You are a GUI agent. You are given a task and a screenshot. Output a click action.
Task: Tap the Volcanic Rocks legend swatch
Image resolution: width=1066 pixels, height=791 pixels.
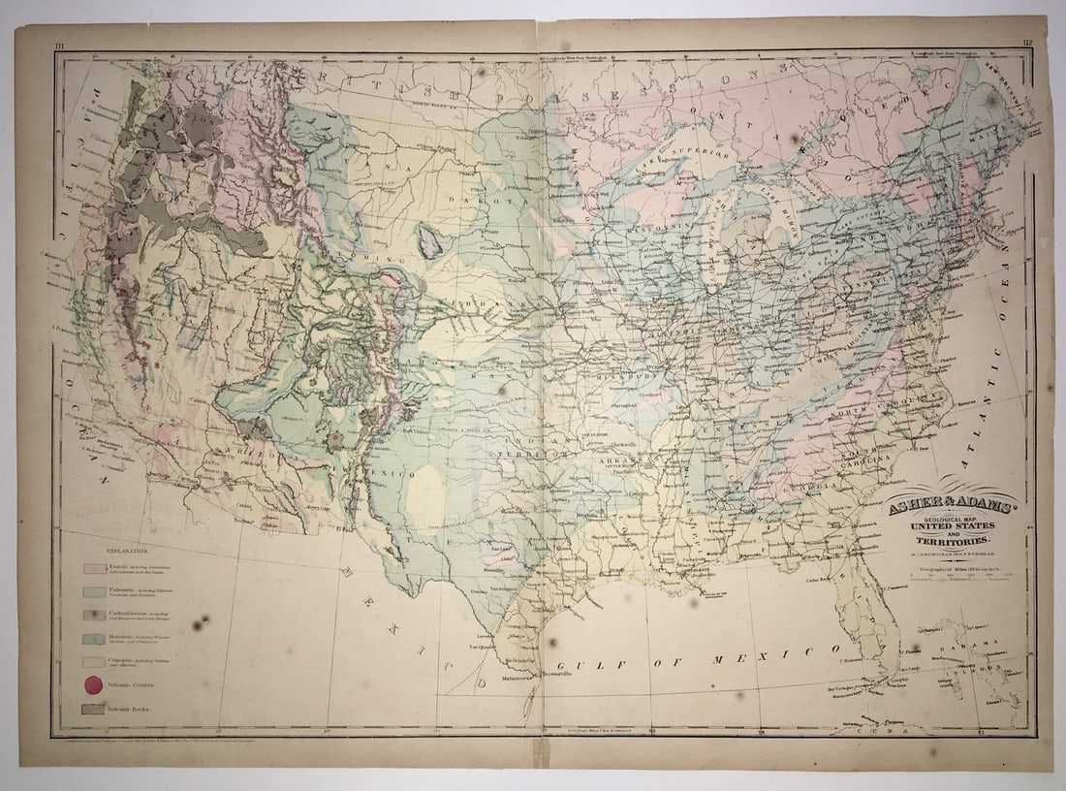pos(94,710)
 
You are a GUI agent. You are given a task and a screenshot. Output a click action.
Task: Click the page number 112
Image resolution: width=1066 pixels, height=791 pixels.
pos(1027,44)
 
